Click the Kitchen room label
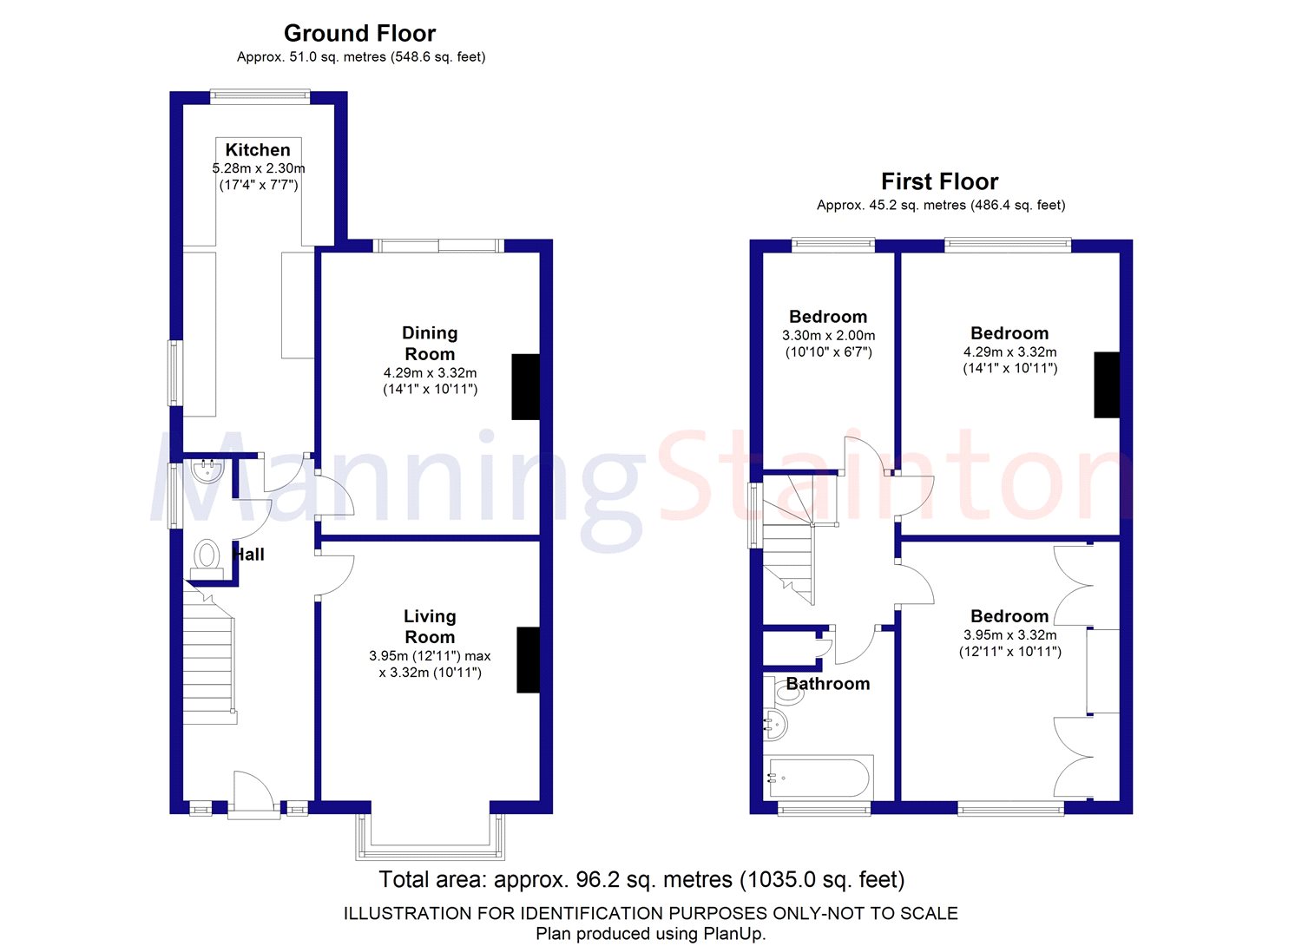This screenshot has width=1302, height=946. tap(258, 150)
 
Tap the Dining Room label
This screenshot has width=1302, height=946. tap(430, 344)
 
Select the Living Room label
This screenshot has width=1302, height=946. tap(430, 627)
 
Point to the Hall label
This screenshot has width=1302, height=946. tap(248, 555)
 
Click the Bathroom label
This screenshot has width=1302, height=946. tap(828, 683)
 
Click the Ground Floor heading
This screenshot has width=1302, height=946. tap(360, 33)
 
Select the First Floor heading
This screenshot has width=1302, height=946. tap(940, 181)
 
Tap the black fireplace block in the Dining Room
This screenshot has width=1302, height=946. tap(525, 386)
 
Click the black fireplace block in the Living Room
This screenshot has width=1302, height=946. tap(528, 660)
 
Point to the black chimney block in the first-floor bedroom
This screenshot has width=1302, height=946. tap(1107, 384)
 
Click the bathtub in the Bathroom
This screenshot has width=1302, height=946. tap(819, 778)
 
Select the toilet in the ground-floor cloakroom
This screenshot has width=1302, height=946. tap(207, 559)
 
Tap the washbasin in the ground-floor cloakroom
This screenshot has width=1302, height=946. tap(207, 470)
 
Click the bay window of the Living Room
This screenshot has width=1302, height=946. tap(430, 838)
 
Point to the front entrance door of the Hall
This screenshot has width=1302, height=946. tap(253, 793)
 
